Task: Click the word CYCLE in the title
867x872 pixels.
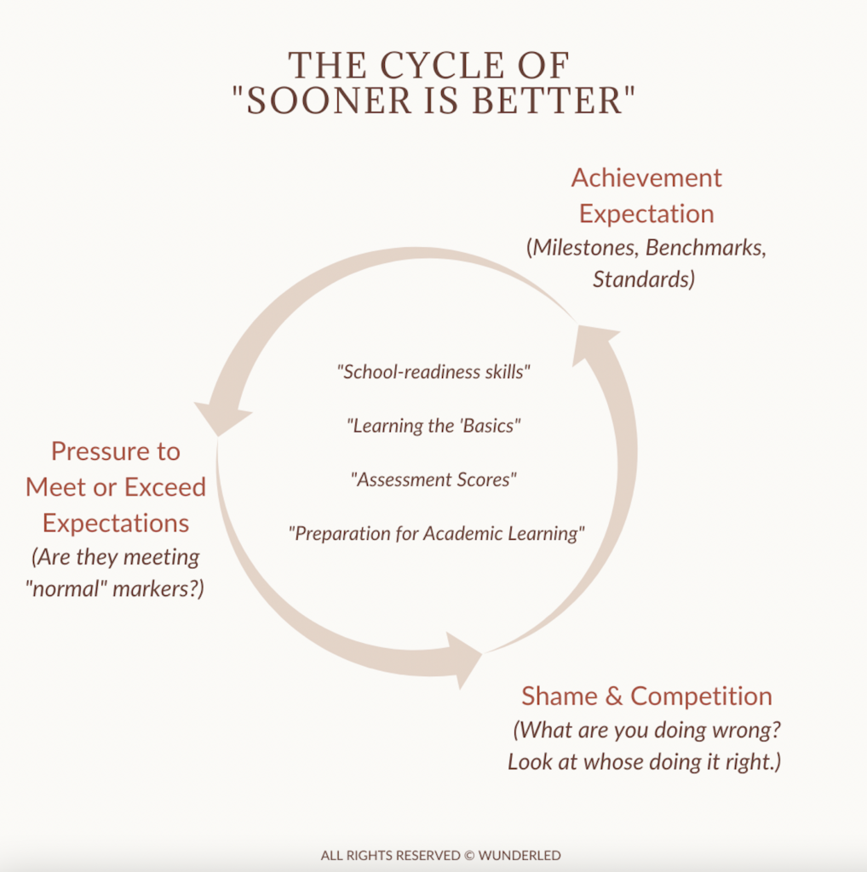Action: (441, 66)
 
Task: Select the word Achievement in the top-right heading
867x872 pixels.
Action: (646, 178)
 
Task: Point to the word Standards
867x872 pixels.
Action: (640, 279)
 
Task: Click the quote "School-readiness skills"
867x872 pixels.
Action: (433, 371)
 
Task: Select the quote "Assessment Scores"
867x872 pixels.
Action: (433, 479)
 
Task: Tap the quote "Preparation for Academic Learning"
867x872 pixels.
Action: (437, 533)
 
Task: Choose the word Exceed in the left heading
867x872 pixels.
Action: (165, 487)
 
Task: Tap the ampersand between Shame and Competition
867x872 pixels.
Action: (614, 697)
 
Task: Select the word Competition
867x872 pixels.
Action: (701, 697)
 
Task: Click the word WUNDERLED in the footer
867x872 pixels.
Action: (520, 855)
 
